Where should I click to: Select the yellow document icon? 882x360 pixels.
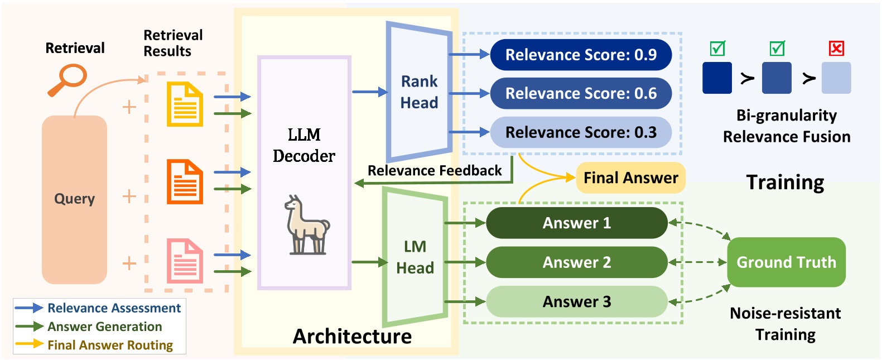(x=185, y=104)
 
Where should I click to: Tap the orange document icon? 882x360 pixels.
(x=185, y=182)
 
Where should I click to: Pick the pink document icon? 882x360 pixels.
(x=185, y=261)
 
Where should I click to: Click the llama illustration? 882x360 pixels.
(x=306, y=225)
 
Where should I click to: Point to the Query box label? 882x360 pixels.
(x=74, y=199)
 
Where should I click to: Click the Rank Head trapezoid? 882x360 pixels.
(x=419, y=92)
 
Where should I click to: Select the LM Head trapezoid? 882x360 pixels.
(x=415, y=257)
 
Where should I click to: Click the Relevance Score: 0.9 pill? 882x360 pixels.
(x=580, y=55)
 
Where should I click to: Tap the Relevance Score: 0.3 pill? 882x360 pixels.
(x=580, y=132)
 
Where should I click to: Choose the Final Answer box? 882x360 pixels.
(x=630, y=178)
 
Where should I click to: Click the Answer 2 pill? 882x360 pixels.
(x=576, y=262)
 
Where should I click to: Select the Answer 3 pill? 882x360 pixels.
(x=576, y=302)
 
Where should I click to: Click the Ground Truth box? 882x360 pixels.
(x=786, y=262)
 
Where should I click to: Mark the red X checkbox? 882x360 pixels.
(x=836, y=49)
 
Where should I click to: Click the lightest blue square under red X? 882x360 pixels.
(x=836, y=78)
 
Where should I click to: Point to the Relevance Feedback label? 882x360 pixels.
(x=435, y=171)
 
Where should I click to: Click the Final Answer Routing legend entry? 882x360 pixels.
(x=110, y=345)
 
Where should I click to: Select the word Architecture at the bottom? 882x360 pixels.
(x=352, y=337)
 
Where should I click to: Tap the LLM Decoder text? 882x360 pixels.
(x=304, y=145)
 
